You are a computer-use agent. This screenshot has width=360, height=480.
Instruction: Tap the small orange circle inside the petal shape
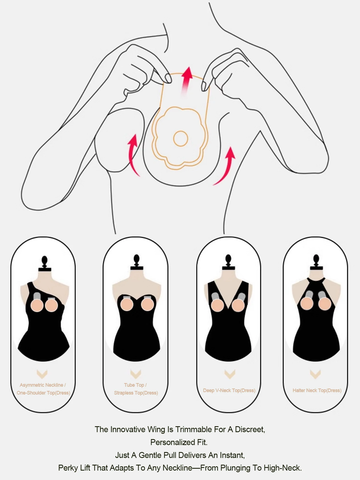(x=181, y=139)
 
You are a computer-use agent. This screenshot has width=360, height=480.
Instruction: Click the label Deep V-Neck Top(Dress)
(x=229, y=390)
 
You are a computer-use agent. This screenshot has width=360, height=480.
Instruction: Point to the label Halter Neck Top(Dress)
(x=317, y=390)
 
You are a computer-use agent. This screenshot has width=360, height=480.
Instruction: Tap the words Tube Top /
(x=135, y=385)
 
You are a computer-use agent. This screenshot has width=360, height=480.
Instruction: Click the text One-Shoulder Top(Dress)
(x=43, y=393)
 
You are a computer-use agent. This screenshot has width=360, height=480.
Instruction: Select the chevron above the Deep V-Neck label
(x=230, y=374)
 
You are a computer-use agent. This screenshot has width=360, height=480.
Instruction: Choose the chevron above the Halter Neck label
(x=315, y=374)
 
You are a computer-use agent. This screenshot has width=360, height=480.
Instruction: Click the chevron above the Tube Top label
(x=136, y=374)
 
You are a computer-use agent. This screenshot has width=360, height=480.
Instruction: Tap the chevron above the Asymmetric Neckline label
(x=42, y=374)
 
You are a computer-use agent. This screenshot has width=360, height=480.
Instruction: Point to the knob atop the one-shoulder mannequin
(x=44, y=261)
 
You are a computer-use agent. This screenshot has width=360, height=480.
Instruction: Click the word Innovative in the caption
(x=128, y=429)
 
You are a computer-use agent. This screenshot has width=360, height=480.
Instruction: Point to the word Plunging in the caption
(x=237, y=468)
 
